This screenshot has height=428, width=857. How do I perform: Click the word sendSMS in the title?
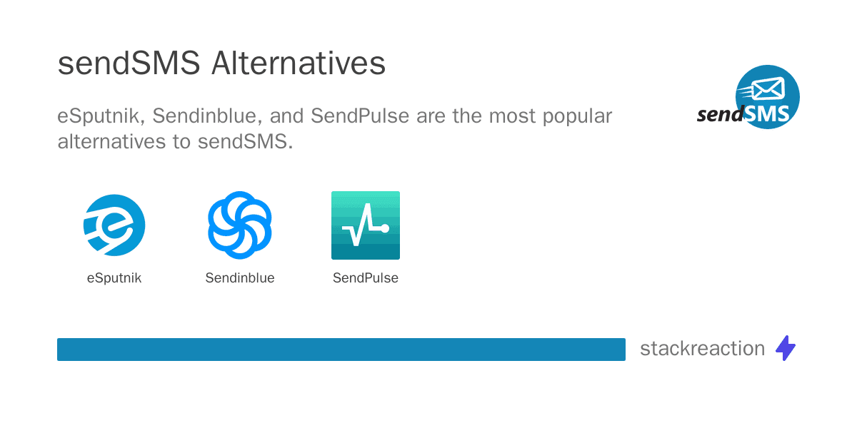click(x=129, y=63)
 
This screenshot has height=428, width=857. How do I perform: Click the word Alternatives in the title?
click(x=299, y=63)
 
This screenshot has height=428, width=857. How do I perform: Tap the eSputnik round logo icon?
click(x=114, y=225)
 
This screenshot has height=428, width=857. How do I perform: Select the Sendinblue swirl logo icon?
click(x=240, y=225)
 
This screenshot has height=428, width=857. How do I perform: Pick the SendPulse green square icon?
click(x=366, y=225)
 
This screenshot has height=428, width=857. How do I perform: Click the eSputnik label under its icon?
click(x=114, y=277)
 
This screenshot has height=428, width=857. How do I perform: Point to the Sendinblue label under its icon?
click(x=240, y=277)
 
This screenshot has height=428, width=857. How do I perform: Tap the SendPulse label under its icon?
click(x=366, y=277)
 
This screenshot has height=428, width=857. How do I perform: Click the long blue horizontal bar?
click(x=341, y=350)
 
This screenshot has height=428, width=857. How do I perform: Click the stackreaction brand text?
click(x=703, y=349)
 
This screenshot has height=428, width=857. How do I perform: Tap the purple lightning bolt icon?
click(x=786, y=348)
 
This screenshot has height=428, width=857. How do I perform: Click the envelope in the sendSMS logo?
click(x=768, y=88)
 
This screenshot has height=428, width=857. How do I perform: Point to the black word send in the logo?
click(x=721, y=114)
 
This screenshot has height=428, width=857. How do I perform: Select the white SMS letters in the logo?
click(x=767, y=113)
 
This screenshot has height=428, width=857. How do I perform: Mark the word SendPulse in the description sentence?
click(x=360, y=116)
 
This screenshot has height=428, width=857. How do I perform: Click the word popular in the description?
click(x=577, y=117)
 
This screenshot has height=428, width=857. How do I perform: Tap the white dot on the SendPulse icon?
click(x=385, y=228)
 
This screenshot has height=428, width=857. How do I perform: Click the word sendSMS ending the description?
click(x=245, y=141)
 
